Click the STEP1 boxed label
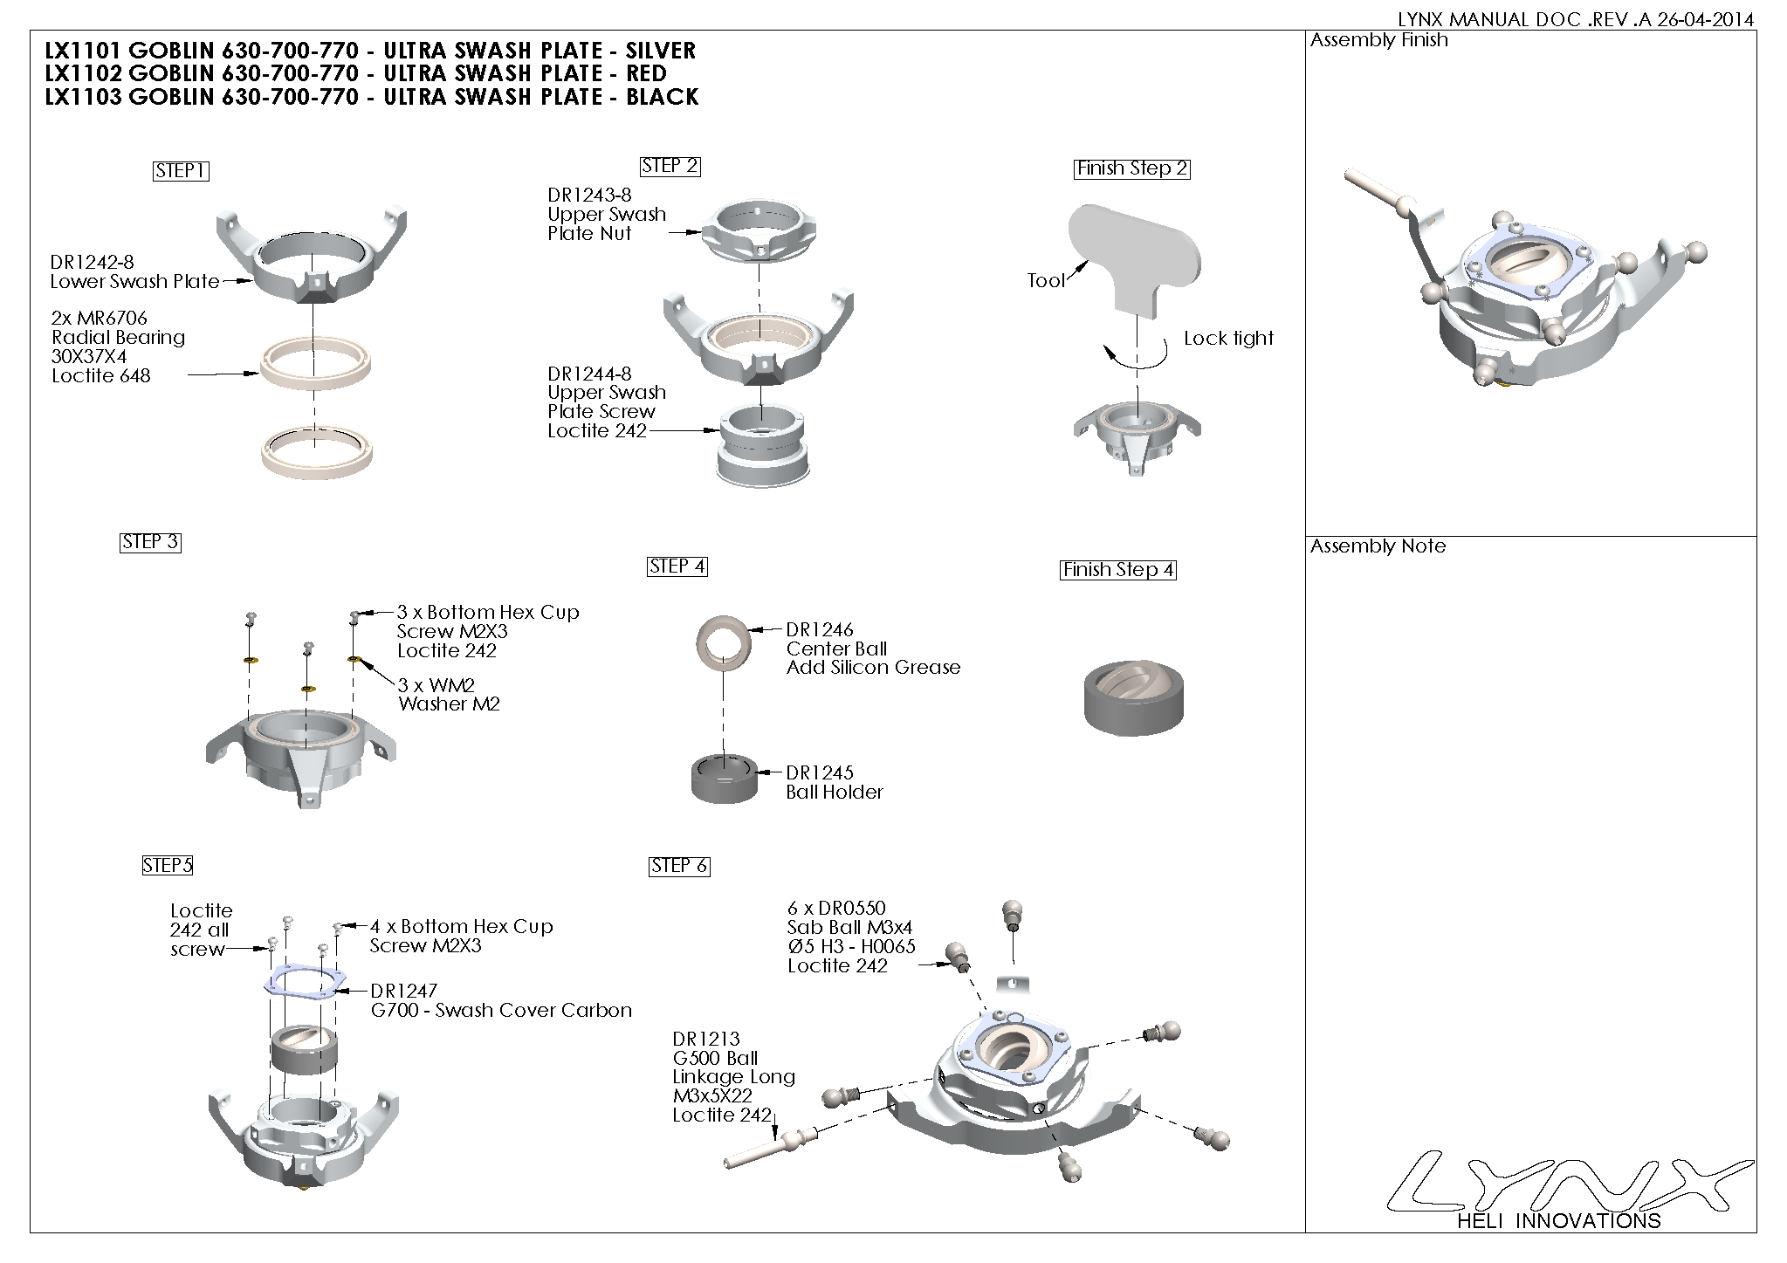(181, 171)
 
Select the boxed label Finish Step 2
(1131, 169)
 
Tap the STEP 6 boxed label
(679, 866)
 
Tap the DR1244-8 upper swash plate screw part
(761, 445)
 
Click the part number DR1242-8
(92, 262)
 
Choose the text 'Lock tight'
(1228, 339)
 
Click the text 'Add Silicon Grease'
(873, 668)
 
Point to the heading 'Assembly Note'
(1378, 546)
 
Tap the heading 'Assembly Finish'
(1378, 40)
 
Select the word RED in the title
(646, 73)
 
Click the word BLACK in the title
(662, 97)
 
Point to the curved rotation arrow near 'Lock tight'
(1135, 353)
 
